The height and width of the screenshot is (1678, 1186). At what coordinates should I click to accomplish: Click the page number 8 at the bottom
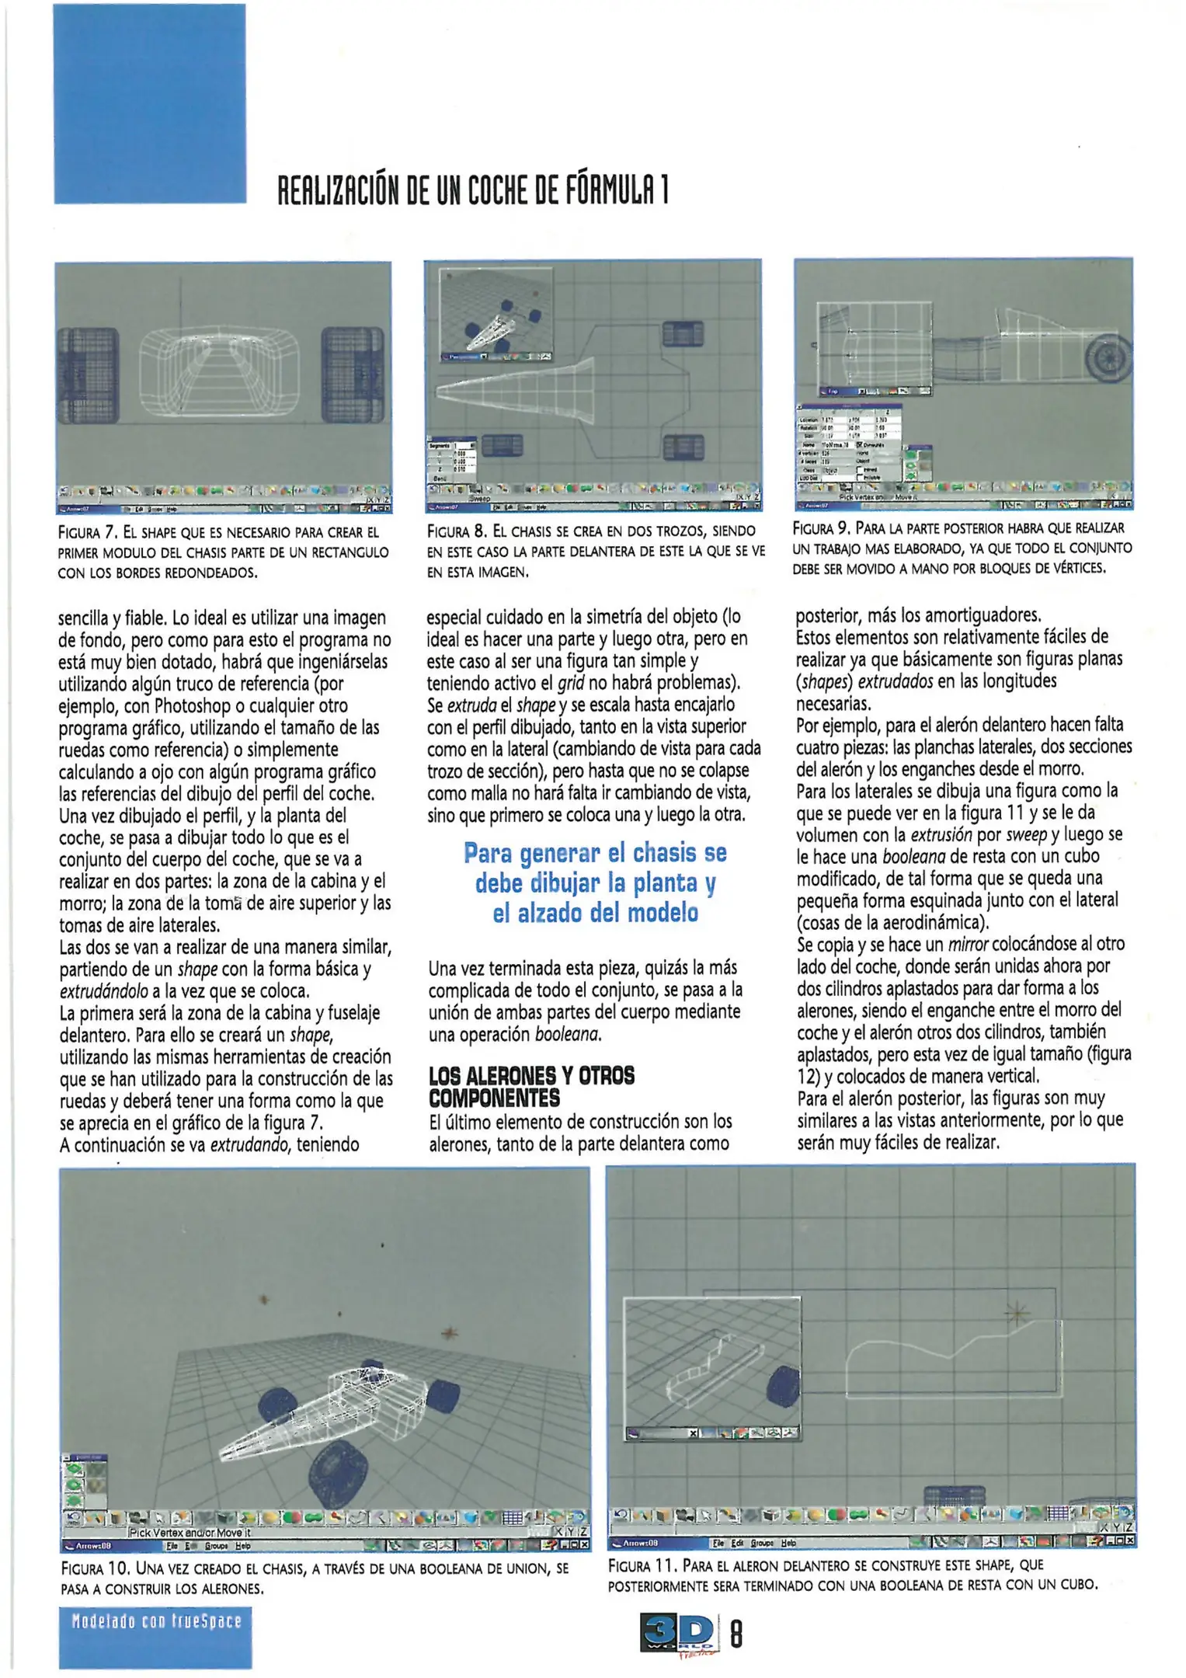(736, 1635)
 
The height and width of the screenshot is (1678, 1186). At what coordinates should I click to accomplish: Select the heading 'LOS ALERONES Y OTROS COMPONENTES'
(531, 1087)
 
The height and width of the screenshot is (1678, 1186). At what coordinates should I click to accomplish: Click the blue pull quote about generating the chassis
(595, 883)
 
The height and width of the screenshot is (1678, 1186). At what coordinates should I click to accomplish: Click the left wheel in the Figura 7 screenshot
(88, 375)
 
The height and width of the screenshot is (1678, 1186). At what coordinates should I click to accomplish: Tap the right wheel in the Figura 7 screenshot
(353, 375)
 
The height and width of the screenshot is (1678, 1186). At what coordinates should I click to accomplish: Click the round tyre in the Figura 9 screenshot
(1110, 357)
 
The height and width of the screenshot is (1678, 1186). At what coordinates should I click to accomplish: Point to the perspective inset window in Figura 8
(496, 314)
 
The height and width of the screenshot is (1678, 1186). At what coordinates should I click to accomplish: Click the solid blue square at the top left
(150, 103)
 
